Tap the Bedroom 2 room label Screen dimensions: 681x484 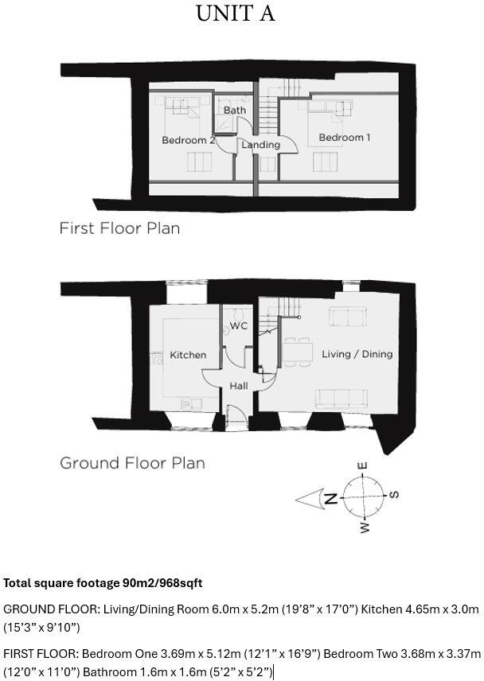coord(189,141)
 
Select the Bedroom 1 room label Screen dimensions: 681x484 coord(344,138)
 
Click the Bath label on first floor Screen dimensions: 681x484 coord(234,110)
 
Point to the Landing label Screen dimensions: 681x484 coord(260,145)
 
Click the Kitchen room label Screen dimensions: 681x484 coord(188,355)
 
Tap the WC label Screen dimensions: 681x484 coord(239,326)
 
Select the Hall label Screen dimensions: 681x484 coord(239,386)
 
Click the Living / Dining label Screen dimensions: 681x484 coord(357,354)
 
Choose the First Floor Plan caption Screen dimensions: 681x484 coord(119,228)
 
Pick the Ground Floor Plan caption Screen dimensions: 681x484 coord(132,463)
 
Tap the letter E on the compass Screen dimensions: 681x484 coord(362,466)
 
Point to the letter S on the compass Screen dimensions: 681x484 coord(394,495)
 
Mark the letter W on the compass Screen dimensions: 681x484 coord(365,527)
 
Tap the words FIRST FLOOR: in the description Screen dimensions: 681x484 coord(40,654)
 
